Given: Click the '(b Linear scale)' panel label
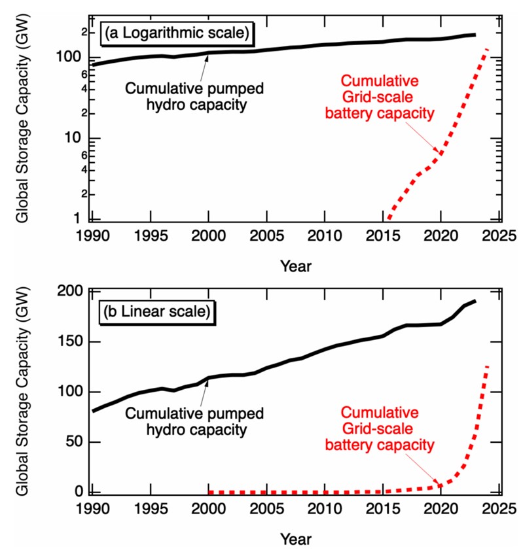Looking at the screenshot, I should click(156, 311).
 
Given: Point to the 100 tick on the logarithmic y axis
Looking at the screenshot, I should click(69, 58).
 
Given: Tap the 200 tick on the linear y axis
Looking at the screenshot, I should click(69, 292).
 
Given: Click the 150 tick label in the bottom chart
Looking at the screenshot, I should click(69, 342).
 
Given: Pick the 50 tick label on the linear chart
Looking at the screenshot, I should click(72, 442).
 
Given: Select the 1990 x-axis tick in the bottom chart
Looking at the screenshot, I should click(92, 510).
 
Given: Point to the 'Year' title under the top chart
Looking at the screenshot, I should click(296, 266).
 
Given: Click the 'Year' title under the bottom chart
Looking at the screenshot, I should click(296, 540).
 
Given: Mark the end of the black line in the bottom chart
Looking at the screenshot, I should click(475, 301).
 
